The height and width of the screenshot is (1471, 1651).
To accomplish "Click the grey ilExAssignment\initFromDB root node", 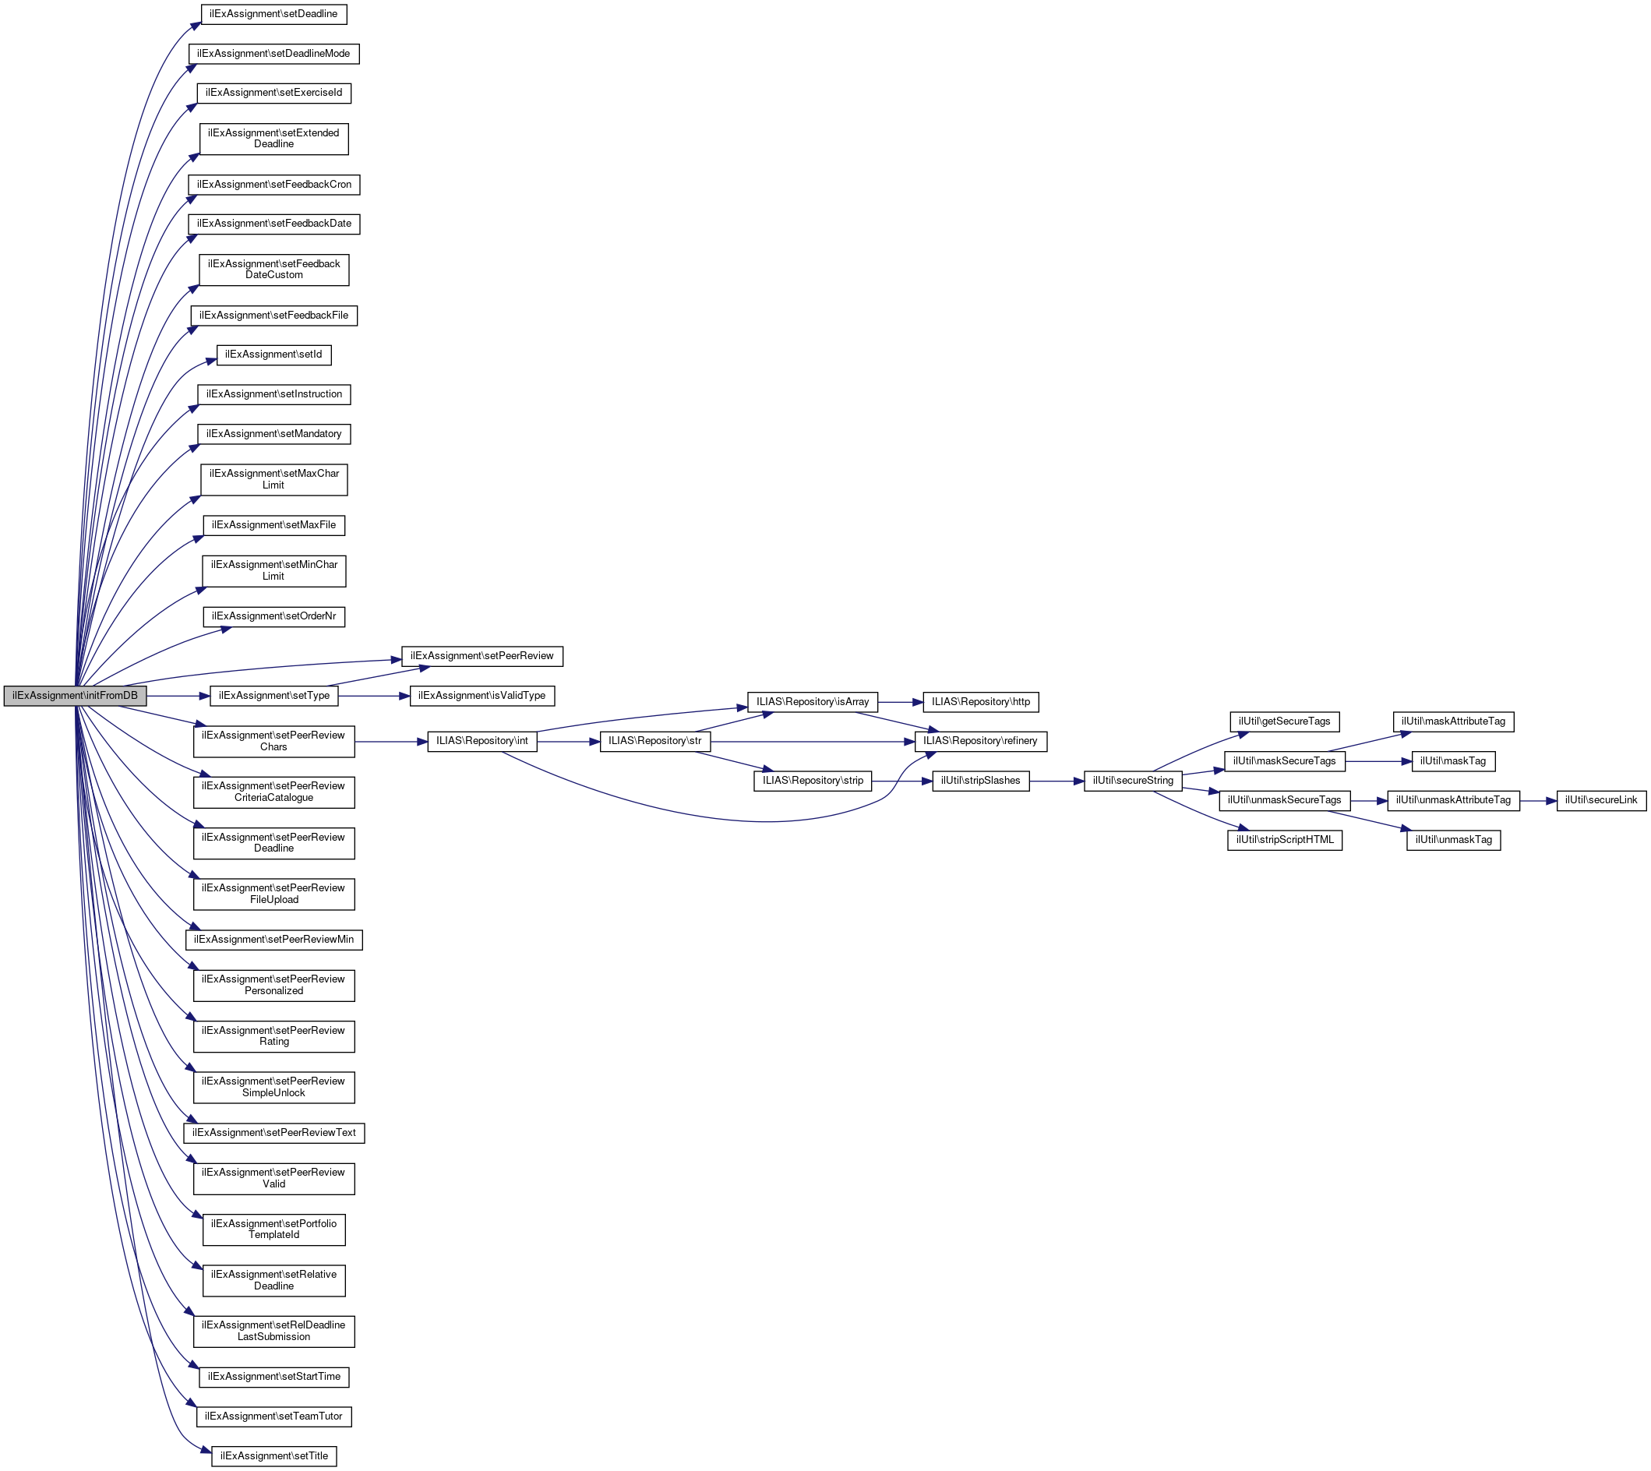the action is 74,696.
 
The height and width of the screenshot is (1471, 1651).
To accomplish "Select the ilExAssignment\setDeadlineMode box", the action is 273,53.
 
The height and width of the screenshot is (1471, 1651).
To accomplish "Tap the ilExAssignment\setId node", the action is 273,355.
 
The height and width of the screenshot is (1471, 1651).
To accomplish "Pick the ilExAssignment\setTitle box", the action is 273,1455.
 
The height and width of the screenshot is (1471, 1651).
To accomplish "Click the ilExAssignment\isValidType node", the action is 482,696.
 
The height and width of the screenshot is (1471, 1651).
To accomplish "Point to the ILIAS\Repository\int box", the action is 482,741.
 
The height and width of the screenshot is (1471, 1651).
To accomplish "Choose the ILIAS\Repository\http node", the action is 980,702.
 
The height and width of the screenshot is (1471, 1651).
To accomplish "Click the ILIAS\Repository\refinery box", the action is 980,741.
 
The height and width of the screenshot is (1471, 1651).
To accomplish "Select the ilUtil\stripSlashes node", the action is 980,781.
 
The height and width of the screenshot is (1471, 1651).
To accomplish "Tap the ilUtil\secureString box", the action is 1132,781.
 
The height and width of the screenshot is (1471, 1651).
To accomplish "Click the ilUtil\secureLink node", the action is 1600,800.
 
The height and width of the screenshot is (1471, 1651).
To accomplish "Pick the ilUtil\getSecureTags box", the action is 1284,721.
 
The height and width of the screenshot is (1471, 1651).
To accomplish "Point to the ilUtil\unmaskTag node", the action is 1453,840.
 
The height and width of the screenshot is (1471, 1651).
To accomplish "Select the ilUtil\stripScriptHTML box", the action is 1284,840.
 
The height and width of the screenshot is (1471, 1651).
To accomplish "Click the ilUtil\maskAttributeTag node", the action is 1453,721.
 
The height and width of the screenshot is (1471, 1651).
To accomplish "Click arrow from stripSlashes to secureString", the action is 1057,781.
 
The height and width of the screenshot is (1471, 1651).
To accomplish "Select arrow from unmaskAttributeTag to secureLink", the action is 1538,800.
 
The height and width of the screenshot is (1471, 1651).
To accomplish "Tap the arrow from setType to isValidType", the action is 373,696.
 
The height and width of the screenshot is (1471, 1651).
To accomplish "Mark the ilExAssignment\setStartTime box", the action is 273,1377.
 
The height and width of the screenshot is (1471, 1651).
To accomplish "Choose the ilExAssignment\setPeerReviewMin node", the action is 273,940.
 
